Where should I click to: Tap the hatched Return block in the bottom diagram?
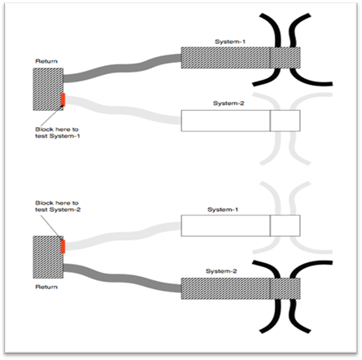pyautogui.click(x=47, y=256)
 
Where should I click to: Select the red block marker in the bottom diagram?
pyautogui.click(x=63, y=244)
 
